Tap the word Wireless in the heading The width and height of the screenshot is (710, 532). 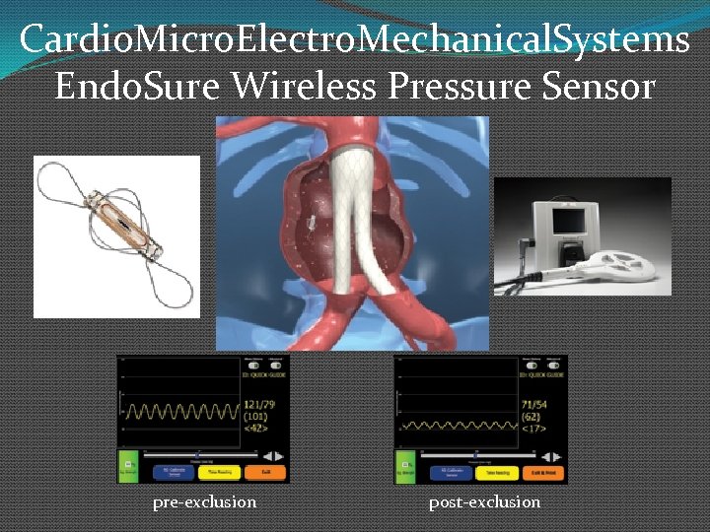click(305, 87)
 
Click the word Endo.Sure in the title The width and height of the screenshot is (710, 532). click(138, 87)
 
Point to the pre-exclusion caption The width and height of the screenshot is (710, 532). click(204, 502)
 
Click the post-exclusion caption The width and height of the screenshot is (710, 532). click(484, 502)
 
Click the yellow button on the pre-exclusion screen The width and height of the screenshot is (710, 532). click(218, 472)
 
